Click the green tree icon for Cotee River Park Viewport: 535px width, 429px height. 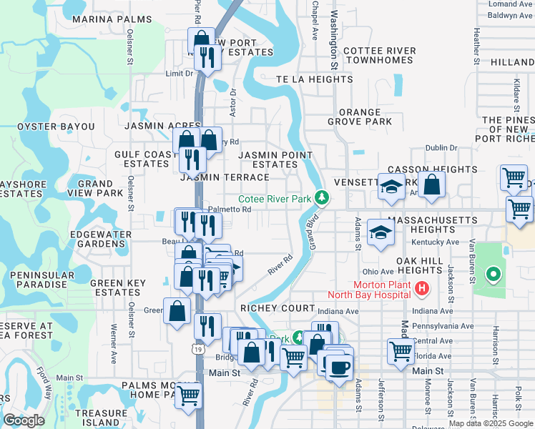pyautogui.click(x=322, y=197)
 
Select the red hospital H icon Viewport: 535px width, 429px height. pyautogui.click(x=422, y=289)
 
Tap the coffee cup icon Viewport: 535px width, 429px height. pyautogui.click(x=339, y=368)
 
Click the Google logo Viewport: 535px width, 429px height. pyautogui.click(x=24, y=420)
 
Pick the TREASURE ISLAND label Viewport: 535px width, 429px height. pyautogui.click(x=101, y=418)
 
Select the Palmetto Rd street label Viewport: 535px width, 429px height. pyautogui.click(x=229, y=209)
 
